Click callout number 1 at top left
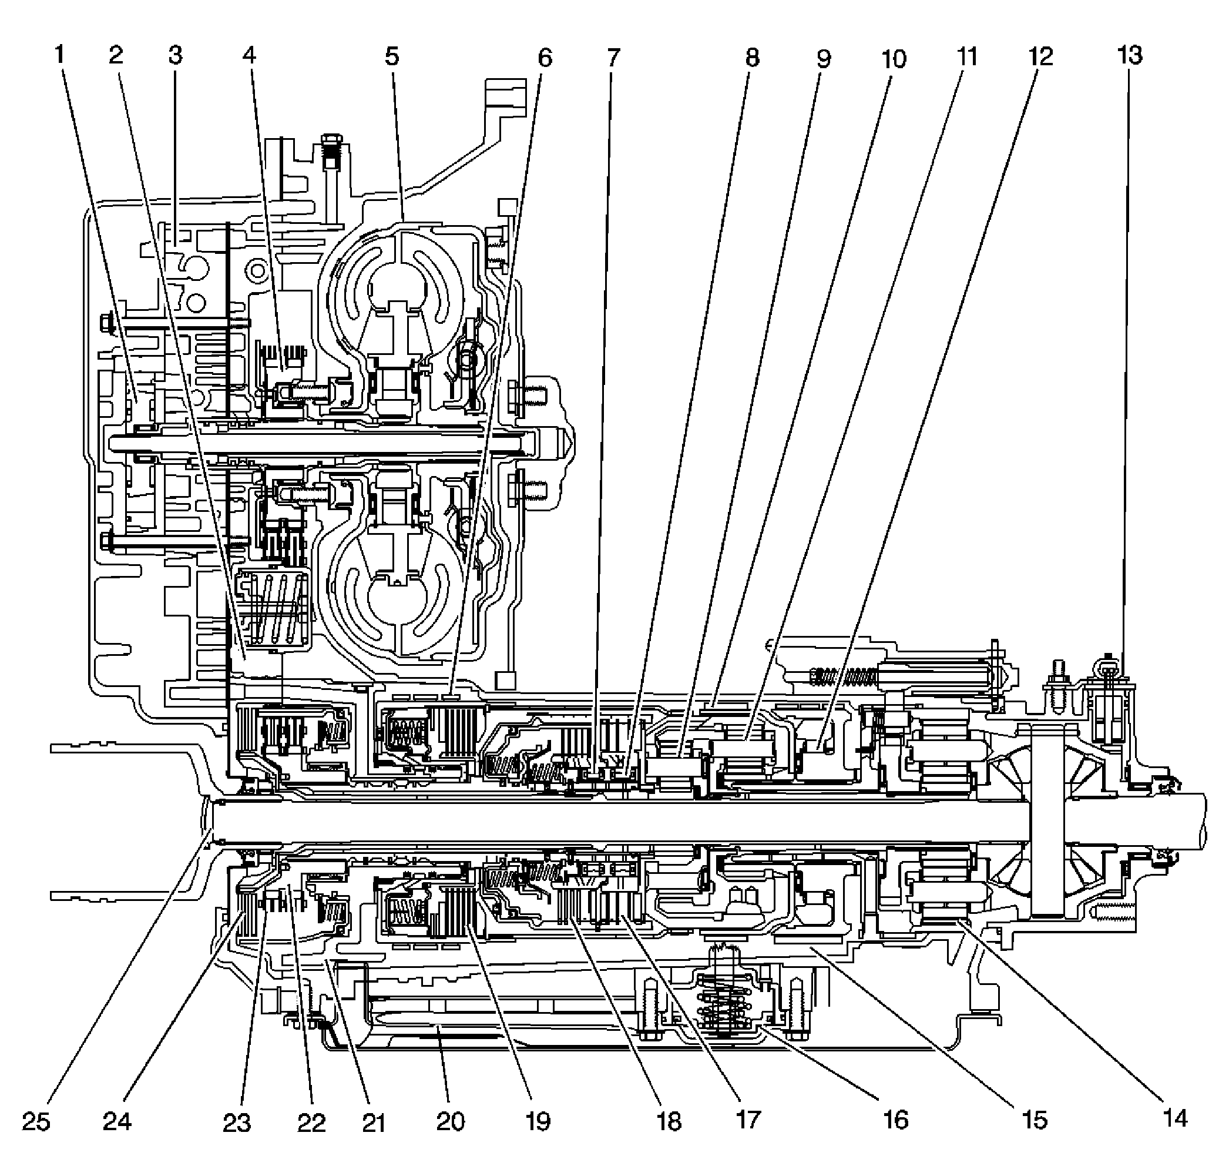60,56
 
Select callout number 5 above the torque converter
392,57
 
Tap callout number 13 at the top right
1130,56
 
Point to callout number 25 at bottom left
36,1121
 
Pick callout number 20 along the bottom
451,1121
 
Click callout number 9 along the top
824,59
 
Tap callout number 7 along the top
613,58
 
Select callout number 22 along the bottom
311,1123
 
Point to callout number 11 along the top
968,57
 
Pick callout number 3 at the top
176,56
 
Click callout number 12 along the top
1040,57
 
